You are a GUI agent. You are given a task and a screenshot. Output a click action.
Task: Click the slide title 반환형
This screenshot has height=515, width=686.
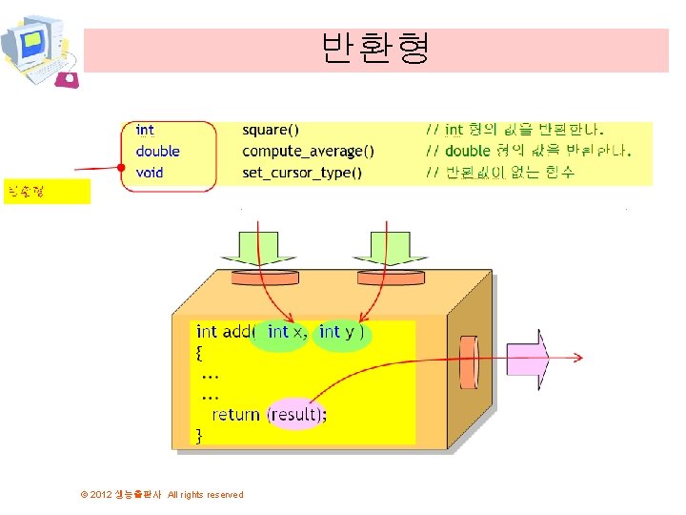pyautogui.click(x=375, y=48)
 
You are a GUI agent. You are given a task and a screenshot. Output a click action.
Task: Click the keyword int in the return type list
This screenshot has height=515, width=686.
pyautogui.click(x=145, y=130)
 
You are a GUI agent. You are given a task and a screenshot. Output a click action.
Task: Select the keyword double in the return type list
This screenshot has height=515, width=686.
pyautogui.click(x=157, y=151)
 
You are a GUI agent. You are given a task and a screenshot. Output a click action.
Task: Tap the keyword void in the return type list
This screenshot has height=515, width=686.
pyautogui.click(x=150, y=173)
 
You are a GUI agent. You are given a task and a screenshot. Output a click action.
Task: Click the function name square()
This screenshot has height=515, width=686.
pyautogui.click(x=271, y=130)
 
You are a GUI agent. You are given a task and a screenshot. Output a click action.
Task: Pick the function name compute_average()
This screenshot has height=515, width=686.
pyautogui.click(x=308, y=151)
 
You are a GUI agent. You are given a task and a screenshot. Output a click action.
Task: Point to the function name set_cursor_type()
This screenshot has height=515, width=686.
pyautogui.click(x=302, y=173)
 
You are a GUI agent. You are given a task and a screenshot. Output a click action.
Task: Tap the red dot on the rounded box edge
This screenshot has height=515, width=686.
pyautogui.click(x=122, y=169)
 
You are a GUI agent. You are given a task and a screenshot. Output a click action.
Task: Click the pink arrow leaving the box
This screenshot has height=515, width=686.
pyautogui.click(x=528, y=359)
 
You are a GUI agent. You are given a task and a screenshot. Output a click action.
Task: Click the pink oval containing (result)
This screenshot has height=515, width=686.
pyautogui.click(x=296, y=414)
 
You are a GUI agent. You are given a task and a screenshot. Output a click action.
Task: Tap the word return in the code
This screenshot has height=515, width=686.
pyautogui.click(x=235, y=414)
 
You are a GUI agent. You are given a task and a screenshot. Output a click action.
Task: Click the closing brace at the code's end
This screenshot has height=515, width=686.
pyautogui.click(x=199, y=436)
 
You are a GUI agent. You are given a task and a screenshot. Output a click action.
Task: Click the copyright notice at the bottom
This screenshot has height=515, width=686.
pyautogui.click(x=163, y=494)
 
